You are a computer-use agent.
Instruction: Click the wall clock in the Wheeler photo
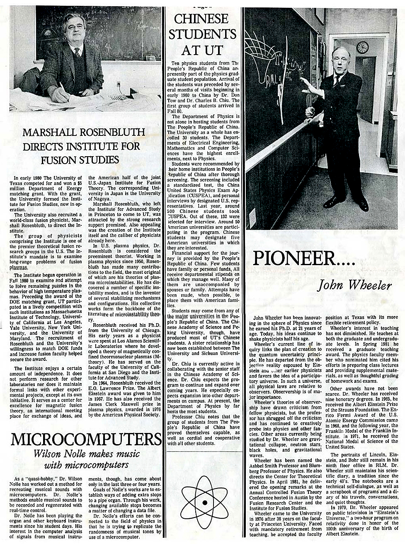[x=362, y=47]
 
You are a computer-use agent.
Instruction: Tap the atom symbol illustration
[x=204, y=502]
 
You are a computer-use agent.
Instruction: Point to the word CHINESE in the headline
[x=201, y=19]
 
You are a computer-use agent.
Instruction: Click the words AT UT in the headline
[x=202, y=50]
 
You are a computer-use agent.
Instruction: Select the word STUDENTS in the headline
[x=202, y=34]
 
